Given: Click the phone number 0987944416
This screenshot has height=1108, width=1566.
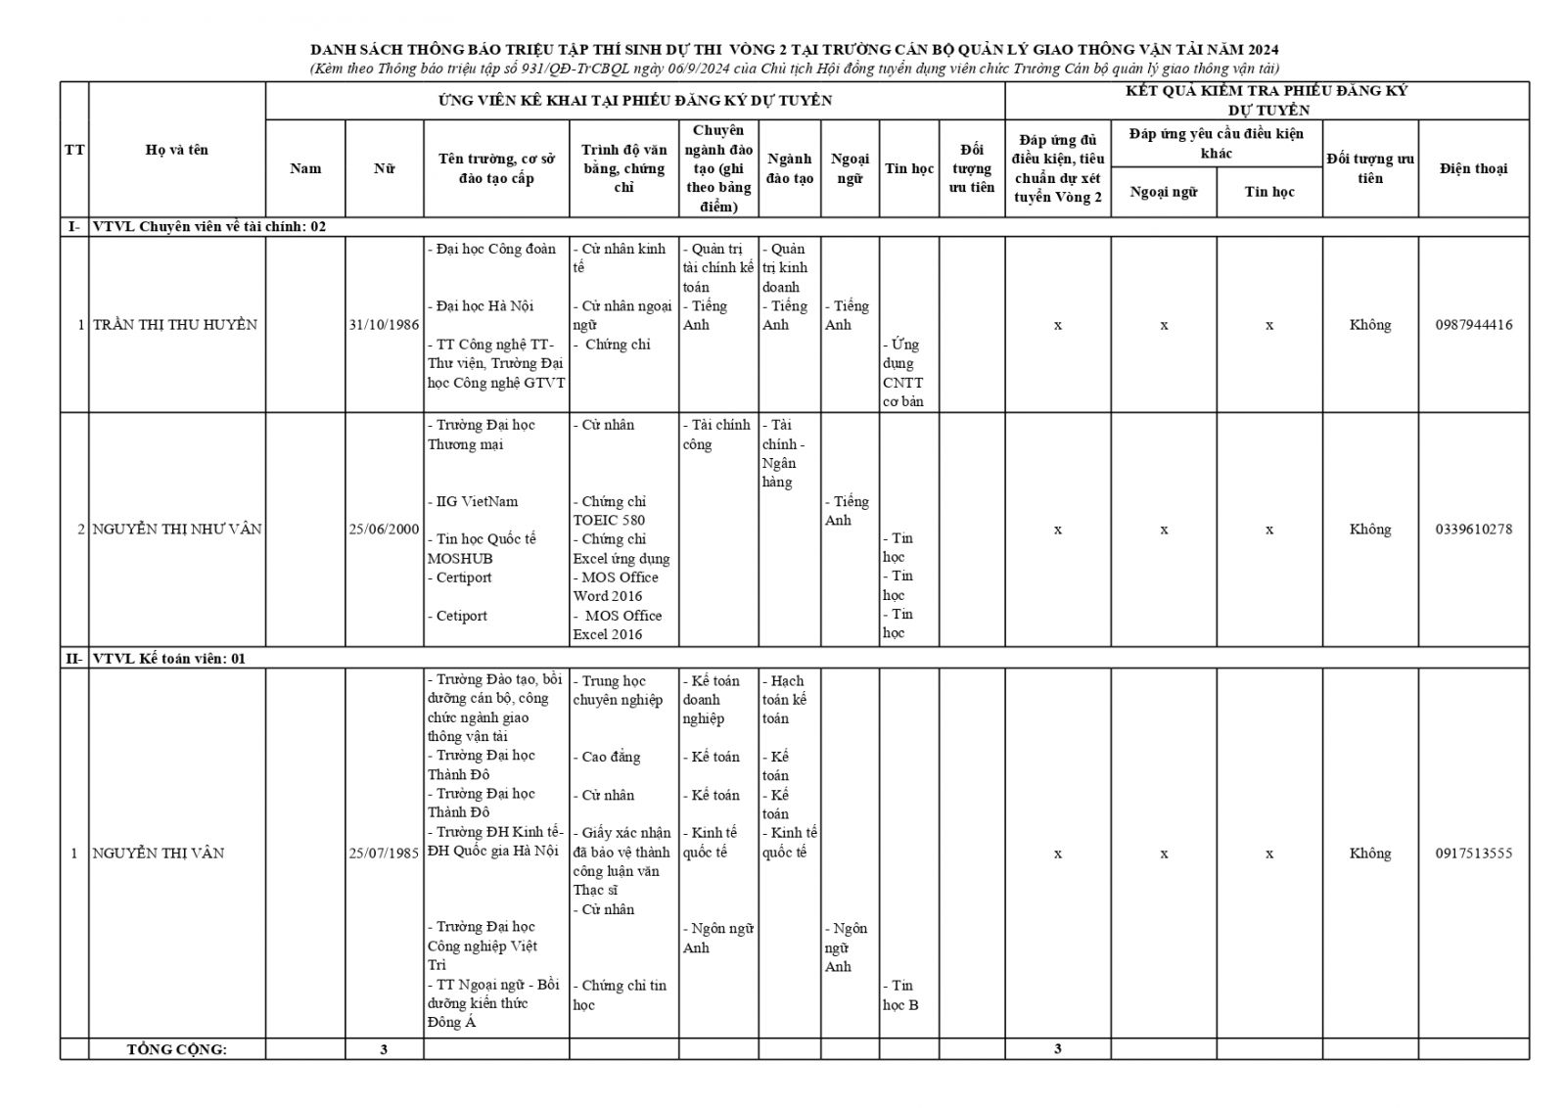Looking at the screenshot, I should [1473, 325].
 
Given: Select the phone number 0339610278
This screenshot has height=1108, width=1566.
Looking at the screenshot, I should [1473, 530].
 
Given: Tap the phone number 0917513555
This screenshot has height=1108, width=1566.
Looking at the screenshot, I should [1473, 854].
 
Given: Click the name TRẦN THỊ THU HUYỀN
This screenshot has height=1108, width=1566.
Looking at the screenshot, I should [175, 325].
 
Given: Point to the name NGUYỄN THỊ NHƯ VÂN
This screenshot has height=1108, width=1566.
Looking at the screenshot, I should [177, 530].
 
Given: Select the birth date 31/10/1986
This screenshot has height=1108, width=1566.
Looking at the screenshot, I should [384, 325].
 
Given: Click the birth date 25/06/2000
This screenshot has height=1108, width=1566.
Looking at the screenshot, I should [384, 530].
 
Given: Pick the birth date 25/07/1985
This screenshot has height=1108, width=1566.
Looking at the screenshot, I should [384, 854].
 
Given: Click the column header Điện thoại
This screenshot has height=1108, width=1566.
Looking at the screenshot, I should [1473, 168].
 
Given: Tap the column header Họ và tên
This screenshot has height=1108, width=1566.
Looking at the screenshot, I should [177, 150].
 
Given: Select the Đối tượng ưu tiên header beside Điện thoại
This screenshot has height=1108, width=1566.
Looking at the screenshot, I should [1369, 168].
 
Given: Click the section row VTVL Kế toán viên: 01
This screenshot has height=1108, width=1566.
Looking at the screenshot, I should [169, 659].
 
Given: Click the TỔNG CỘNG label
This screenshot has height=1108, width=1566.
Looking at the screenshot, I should [177, 1049].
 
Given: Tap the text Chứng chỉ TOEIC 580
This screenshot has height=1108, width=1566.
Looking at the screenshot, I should [610, 511].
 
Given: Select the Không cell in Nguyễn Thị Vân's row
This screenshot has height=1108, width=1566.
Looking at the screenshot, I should [1369, 854].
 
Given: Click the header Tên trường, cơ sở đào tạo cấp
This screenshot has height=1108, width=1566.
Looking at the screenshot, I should [496, 168].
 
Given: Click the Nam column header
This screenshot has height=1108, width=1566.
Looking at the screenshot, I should [305, 168].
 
